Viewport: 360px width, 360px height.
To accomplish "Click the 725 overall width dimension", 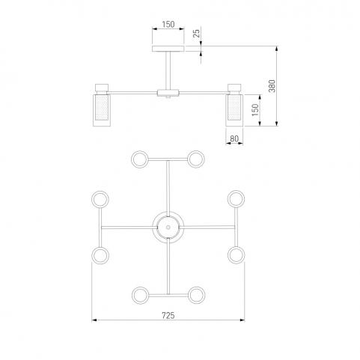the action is point(168,316).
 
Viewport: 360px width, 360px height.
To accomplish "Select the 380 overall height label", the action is point(272,86).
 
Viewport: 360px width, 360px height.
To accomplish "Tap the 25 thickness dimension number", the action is point(197,33).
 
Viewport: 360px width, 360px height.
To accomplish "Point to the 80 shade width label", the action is point(234,138).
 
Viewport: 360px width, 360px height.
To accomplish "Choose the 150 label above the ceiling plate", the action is point(168,25).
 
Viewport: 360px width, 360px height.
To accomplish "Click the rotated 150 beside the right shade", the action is point(255,110).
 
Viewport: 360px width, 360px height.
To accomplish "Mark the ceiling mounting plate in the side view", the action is point(168,49).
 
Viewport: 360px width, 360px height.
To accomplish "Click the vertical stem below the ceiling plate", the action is point(168,70).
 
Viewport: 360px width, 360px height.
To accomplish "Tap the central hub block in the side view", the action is point(168,93).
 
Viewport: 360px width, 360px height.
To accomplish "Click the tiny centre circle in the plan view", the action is point(168,228).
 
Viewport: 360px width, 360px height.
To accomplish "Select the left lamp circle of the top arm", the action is point(140,159).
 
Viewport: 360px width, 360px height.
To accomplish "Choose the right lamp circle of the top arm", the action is point(196,159).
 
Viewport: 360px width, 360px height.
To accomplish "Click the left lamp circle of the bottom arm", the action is point(140,296).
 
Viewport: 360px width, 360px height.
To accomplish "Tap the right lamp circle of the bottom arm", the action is point(197,296).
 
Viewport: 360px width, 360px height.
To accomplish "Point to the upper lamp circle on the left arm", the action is point(100,199).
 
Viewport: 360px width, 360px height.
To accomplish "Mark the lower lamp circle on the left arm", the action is point(100,255).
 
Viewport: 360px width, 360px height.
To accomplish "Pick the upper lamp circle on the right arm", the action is point(236,199).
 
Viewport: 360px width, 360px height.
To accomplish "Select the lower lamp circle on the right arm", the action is point(237,255).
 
